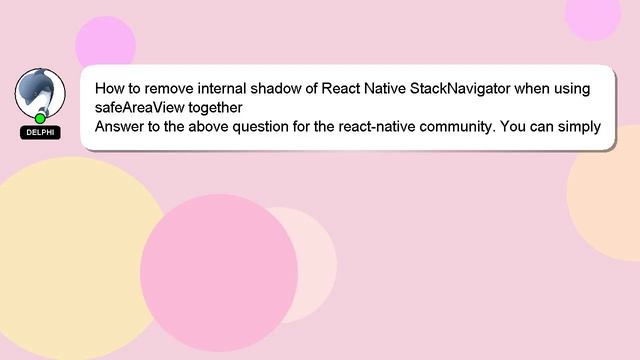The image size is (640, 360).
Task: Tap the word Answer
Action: click(121, 126)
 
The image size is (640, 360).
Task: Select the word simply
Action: click(575, 126)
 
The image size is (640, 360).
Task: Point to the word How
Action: click(111, 88)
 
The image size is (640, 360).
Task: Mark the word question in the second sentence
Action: click(248, 126)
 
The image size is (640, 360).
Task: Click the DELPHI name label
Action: click(40, 132)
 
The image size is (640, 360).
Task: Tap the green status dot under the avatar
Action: click(40, 118)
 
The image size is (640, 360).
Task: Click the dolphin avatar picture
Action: click(39, 92)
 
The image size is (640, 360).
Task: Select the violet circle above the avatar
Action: click(105, 45)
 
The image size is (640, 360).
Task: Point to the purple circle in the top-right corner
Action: click(594, 15)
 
